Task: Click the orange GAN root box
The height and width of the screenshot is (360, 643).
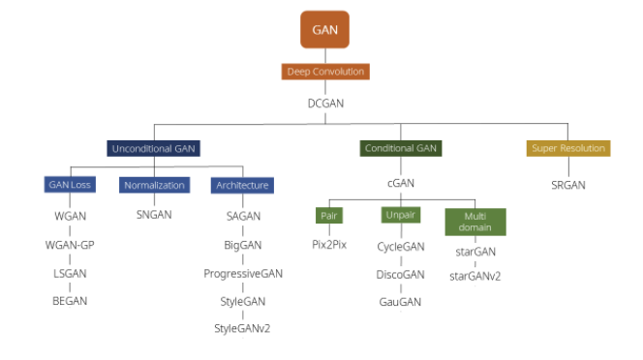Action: click(324, 30)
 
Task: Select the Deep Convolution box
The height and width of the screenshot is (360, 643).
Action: click(325, 72)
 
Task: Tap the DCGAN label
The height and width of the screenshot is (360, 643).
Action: click(325, 104)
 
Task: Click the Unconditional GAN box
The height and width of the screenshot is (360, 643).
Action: click(153, 148)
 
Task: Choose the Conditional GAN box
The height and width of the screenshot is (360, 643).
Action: click(401, 148)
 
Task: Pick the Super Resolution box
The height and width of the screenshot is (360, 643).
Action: click(568, 148)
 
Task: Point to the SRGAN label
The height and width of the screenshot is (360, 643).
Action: click(568, 184)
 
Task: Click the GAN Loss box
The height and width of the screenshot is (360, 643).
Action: click(70, 184)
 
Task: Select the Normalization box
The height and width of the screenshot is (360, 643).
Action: click(153, 184)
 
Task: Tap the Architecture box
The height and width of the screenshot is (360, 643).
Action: click(242, 184)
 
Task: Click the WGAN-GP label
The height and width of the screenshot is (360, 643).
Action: click(70, 244)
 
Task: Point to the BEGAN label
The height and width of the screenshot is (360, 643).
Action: click(70, 301)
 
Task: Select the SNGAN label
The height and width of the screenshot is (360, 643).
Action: click(153, 215)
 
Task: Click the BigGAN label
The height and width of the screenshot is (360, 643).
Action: click(242, 245)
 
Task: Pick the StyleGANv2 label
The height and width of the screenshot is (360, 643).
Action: click(242, 329)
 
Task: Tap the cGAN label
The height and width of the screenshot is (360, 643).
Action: click(401, 183)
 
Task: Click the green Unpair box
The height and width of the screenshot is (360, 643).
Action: click(400, 216)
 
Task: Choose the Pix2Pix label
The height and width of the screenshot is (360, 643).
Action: click(329, 246)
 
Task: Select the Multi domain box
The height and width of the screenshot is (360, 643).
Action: click(475, 222)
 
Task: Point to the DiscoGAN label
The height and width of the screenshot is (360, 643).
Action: click(400, 275)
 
